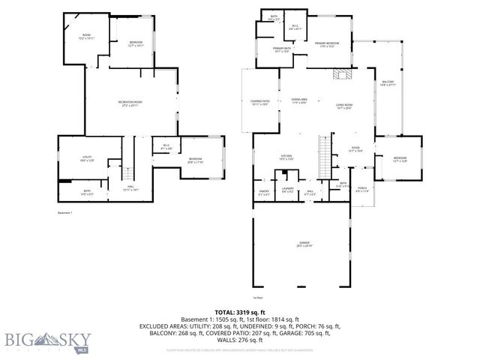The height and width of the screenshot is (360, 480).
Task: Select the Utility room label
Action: [x=87, y=158]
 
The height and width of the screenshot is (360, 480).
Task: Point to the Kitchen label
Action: [x=265, y=157]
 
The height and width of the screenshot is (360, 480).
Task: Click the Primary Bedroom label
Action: [x=327, y=44]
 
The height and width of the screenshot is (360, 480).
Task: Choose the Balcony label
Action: [x=388, y=83]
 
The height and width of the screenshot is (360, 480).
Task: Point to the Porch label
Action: [x=362, y=189]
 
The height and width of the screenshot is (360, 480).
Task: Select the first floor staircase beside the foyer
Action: [x=324, y=157]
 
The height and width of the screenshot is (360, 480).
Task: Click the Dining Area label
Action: [x=300, y=101]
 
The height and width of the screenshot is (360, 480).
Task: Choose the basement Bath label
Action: [x=88, y=193]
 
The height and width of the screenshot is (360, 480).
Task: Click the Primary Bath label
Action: [x=283, y=49]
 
